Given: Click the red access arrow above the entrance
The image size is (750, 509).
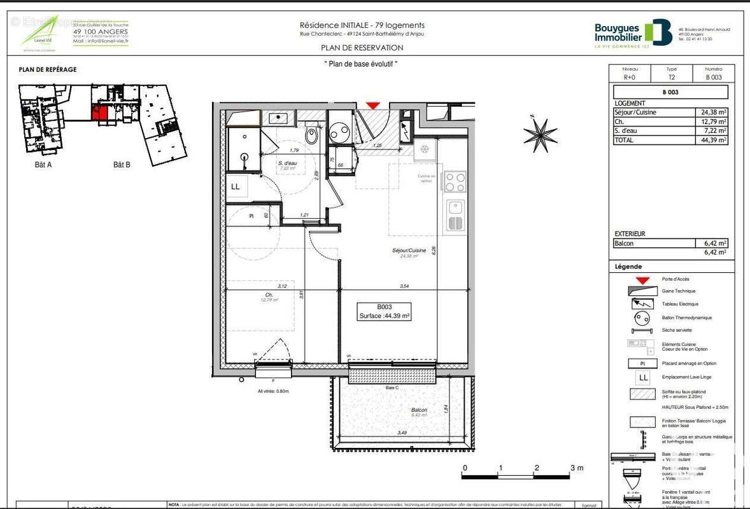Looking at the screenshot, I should coord(373,106).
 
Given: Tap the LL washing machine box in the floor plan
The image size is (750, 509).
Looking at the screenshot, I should coord(235,187).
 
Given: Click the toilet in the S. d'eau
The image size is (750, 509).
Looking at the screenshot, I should coord(312,134).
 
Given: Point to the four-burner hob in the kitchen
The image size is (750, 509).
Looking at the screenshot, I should coord(455,182).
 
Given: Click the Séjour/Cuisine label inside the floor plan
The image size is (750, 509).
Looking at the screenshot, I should coord(409,251).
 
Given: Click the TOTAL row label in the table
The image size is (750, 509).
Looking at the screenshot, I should coord(625,140).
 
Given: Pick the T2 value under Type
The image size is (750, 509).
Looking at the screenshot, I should coord(672,78).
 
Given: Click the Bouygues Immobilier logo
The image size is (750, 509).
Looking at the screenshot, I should coord(633,34).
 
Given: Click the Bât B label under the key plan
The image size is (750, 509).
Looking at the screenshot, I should coord(122,164).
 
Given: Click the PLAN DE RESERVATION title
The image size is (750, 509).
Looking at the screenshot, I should coord(362,48).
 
